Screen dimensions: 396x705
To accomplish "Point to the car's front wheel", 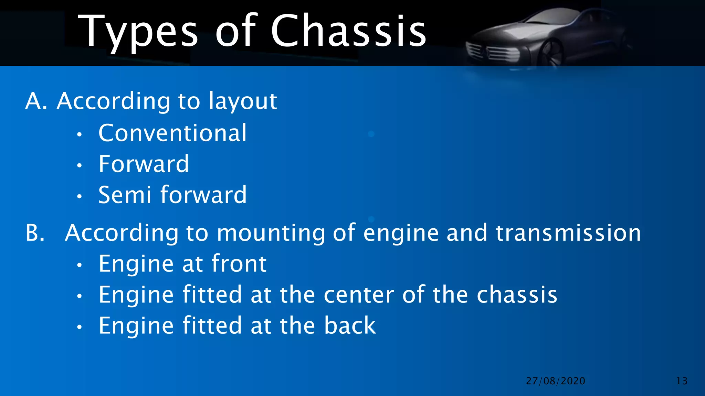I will click(x=551, y=54).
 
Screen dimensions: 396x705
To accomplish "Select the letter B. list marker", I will click(x=35, y=233).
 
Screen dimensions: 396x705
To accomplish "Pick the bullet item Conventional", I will click(x=172, y=133).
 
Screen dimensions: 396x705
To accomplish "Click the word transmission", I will click(x=568, y=233).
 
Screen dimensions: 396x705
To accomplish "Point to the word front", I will click(x=239, y=264).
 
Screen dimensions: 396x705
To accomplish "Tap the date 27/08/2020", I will click(x=556, y=381).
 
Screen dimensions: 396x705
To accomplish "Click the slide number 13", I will click(x=682, y=381).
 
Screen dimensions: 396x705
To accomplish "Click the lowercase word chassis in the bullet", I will click(x=517, y=295).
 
